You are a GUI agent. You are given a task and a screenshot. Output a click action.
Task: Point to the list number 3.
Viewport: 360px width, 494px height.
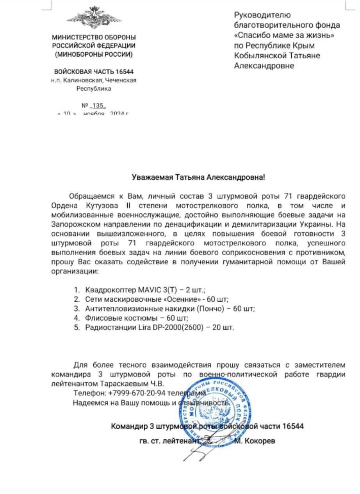77,309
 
